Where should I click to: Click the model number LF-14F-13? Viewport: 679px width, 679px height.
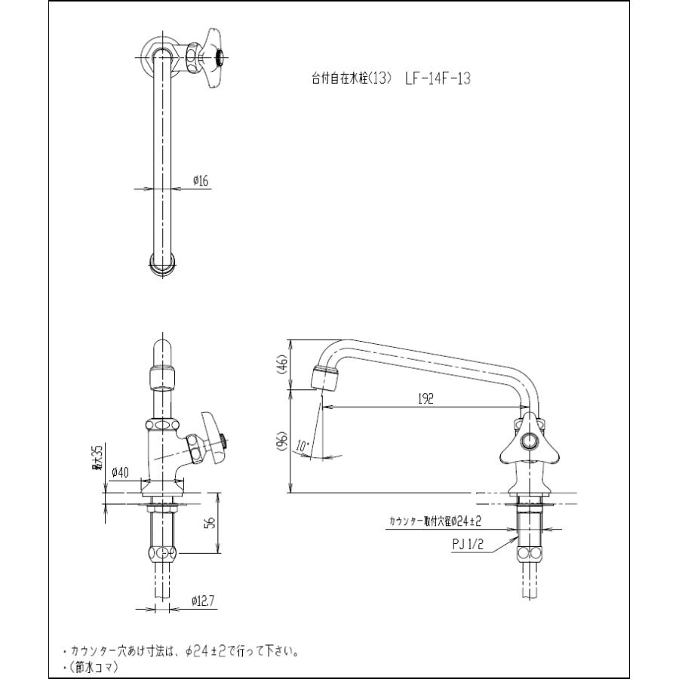pyautogui.click(x=437, y=78)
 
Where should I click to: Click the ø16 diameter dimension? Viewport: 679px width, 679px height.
pyautogui.click(x=201, y=180)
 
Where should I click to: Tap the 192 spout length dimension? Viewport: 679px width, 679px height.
pyautogui.click(x=426, y=400)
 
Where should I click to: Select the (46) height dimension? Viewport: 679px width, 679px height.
pyautogui.click(x=281, y=366)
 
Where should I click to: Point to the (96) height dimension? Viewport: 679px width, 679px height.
pyautogui.click(x=281, y=442)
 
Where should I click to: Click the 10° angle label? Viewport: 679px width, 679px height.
pyautogui.click(x=304, y=446)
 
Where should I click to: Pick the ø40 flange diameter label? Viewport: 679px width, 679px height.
pyautogui.click(x=120, y=473)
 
